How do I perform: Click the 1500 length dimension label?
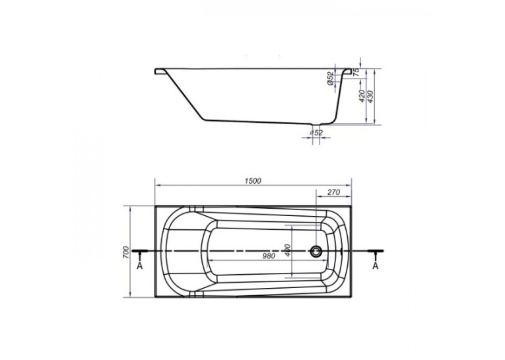click(x=253, y=181)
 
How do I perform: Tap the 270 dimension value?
click(x=333, y=192)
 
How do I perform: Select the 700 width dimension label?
click(x=126, y=252)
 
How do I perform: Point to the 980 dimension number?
click(x=269, y=256)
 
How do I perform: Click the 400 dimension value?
click(x=288, y=250)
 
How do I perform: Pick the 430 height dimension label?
click(x=370, y=96)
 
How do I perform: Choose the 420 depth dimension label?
click(x=362, y=96)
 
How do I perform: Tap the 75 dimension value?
click(x=356, y=72)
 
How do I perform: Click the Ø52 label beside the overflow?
click(x=330, y=79)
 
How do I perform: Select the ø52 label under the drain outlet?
click(x=316, y=133)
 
